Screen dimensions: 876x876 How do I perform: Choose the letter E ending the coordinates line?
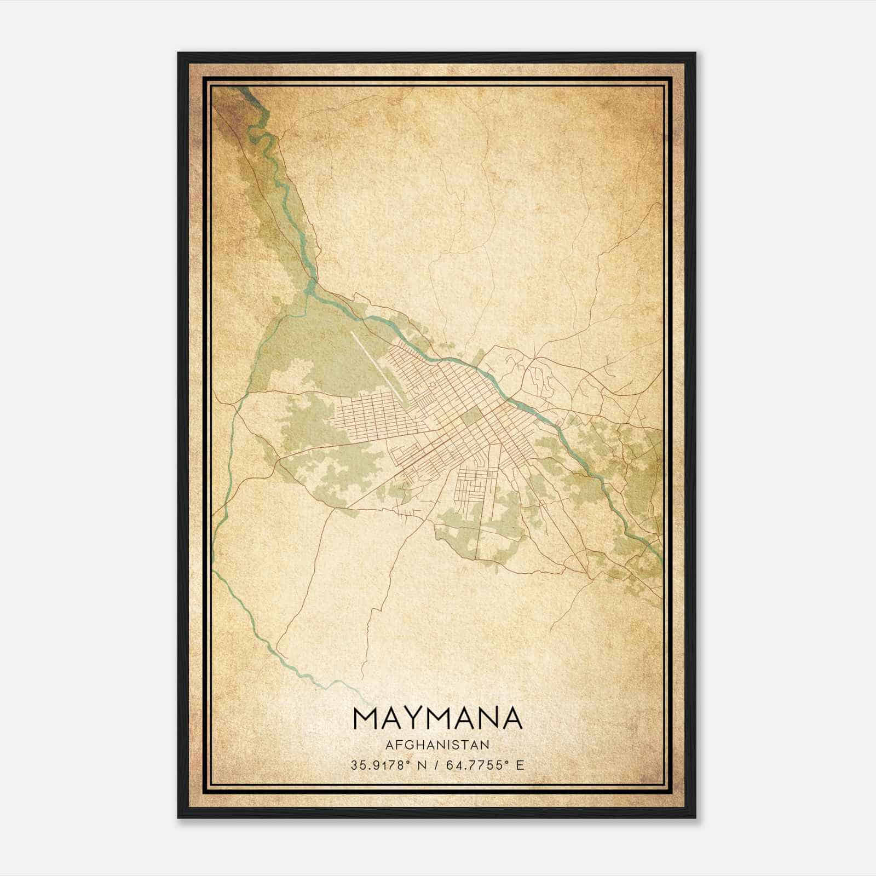[x=520, y=765]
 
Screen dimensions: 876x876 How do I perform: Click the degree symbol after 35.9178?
[x=406, y=762]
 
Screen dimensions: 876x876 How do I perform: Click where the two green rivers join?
[x=310, y=290]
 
